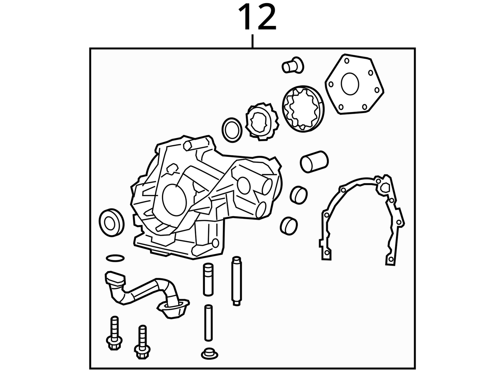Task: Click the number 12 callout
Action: click(x=257, y=17)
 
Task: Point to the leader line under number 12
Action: click(x=252, y=41)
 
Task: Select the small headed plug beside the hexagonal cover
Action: click(x=293, y=65)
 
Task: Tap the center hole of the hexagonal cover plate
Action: click(x=350, y=84)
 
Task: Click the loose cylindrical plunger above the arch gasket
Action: click(x=314, y=162)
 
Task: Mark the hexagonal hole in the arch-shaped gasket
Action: click(x=385, y=188)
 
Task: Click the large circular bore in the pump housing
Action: click(x=174, y=200)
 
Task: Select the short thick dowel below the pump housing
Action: click(x=208, y=279)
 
